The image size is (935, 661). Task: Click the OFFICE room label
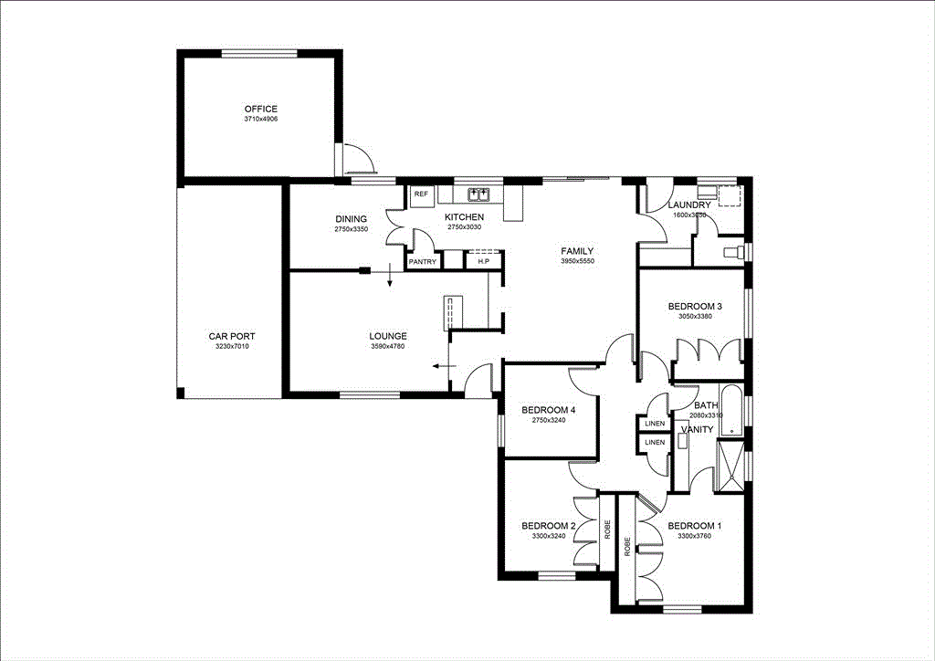click(260, 110)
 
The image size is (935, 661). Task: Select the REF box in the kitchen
click(421, 195)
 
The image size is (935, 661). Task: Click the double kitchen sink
click(478, 194)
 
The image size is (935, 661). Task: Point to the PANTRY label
click(422, 262)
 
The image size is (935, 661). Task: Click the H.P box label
click(483, 262)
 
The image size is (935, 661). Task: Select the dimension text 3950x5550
click(577, 262)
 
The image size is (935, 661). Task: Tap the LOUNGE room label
click(388, 336)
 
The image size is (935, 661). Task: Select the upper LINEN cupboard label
click(654, 424)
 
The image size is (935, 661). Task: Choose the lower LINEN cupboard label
click(654, 443)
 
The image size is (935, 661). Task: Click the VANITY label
click(697, 429)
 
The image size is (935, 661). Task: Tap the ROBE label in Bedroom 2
click(607, 530)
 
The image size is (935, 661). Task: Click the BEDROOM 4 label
click(549, 411)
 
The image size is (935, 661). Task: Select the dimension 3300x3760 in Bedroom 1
click(694, 537)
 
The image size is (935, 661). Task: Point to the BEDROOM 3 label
click(695, 307)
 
